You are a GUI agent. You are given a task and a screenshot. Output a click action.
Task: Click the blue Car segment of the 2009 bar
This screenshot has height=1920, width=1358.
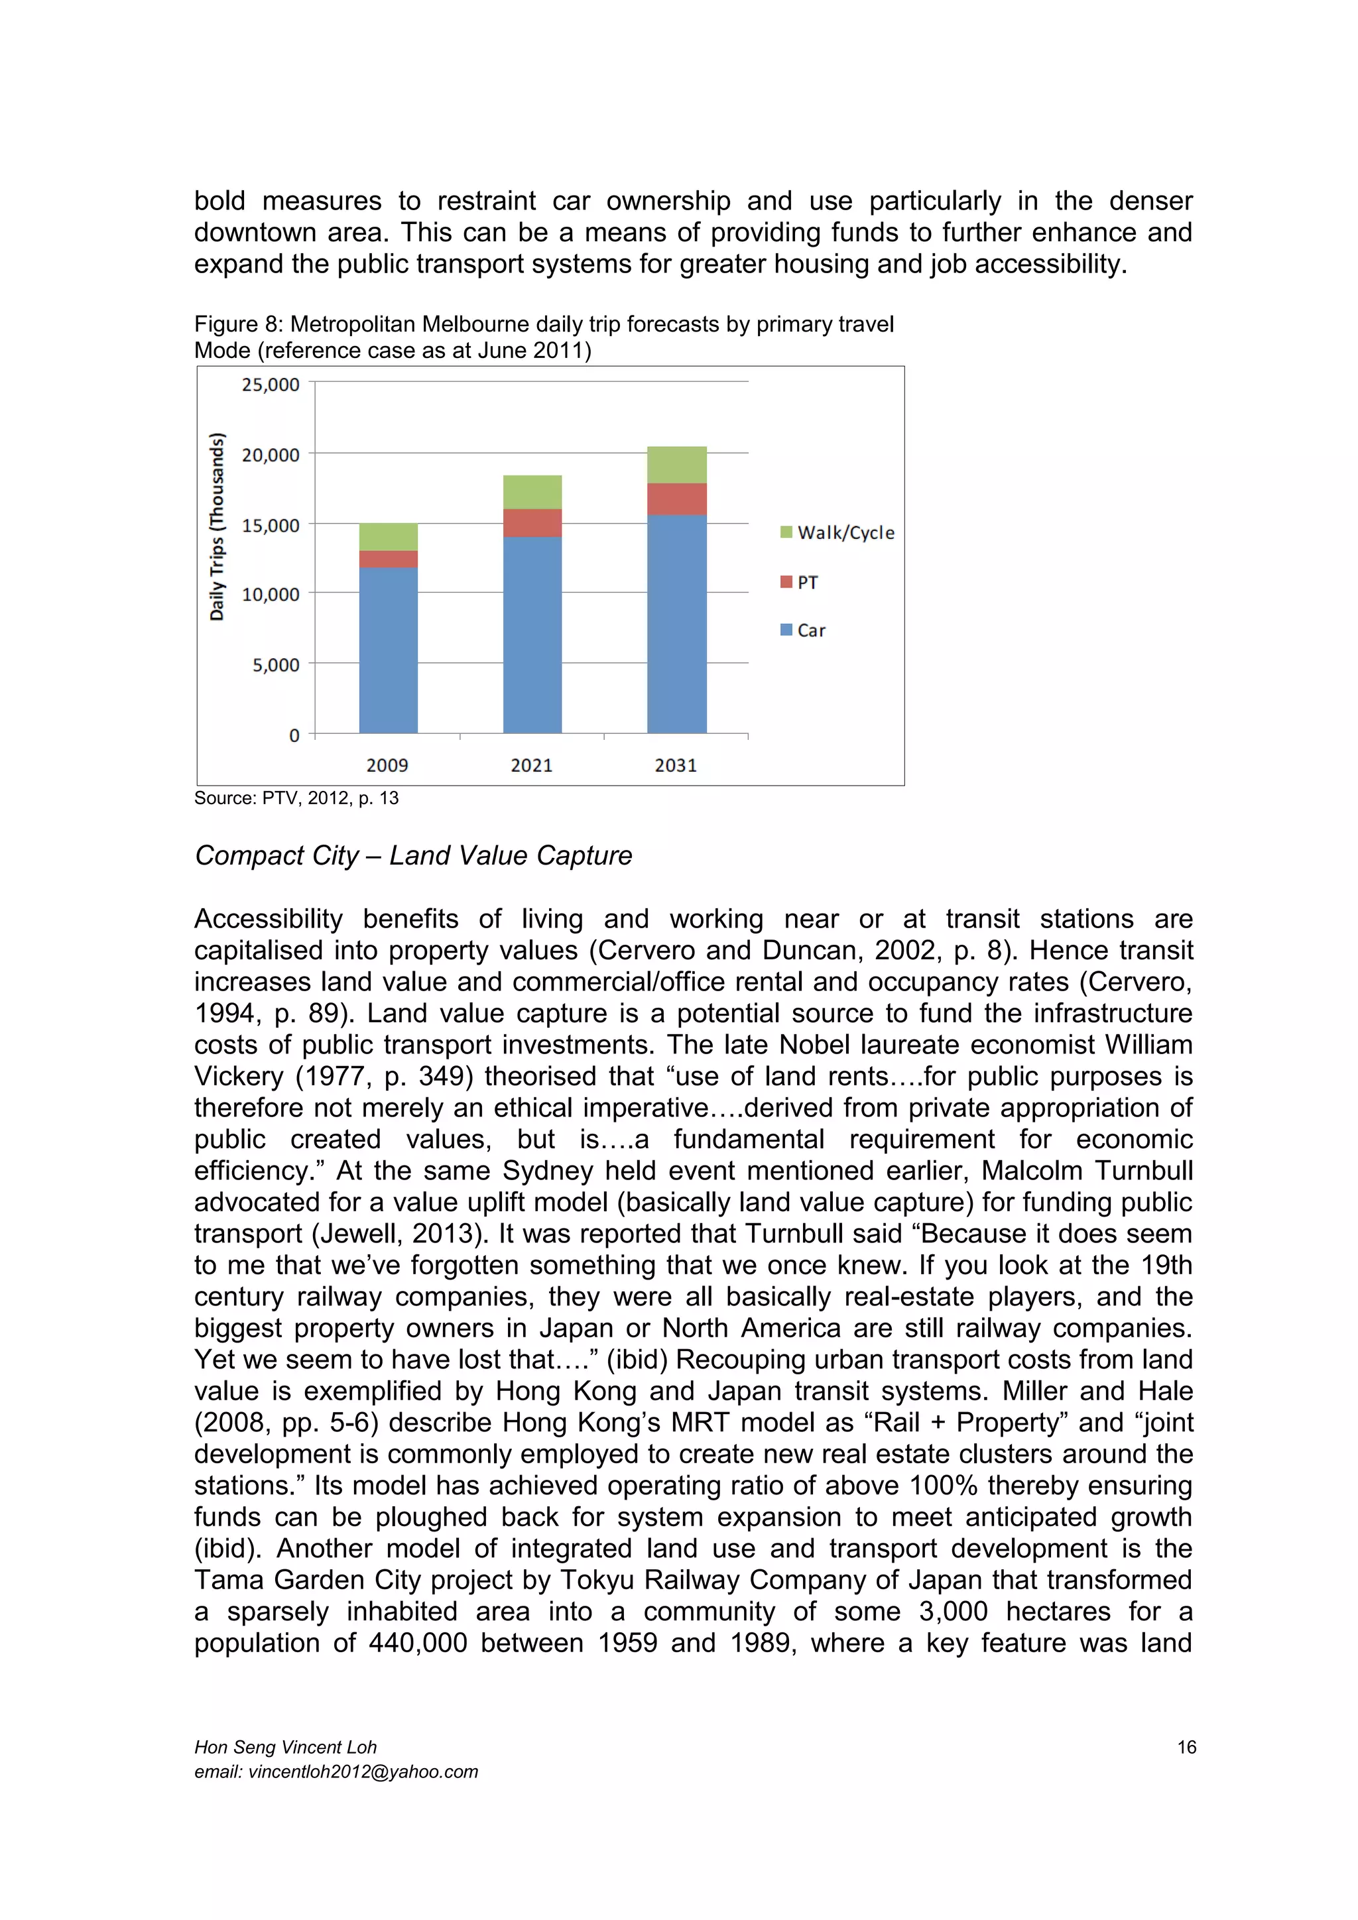pos(388,650)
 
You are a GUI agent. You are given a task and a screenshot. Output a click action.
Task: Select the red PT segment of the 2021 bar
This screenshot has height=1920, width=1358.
pos(532,522)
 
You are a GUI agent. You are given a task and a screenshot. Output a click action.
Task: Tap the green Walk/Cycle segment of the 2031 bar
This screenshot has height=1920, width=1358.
pos(676,465)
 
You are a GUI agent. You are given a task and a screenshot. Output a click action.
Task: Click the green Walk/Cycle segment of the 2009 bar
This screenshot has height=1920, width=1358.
pos(388,537)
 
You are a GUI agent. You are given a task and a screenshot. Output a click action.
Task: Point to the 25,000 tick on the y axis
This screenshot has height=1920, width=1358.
pos(270,385)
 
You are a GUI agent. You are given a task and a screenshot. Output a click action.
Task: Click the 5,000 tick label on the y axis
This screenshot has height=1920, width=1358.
pos(275,665)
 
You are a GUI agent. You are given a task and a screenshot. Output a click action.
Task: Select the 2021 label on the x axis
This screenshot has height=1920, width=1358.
pos(532,765)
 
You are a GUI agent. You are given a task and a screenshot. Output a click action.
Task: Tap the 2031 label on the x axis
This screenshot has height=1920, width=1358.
pos(676,765)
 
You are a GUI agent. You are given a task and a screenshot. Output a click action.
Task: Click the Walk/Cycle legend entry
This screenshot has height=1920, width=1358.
pos(838,532)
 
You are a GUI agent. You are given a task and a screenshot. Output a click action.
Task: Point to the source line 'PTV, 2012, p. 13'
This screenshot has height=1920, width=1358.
pos(330,798)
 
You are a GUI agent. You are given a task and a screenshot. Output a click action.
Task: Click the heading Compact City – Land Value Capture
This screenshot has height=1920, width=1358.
pos(413,855)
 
